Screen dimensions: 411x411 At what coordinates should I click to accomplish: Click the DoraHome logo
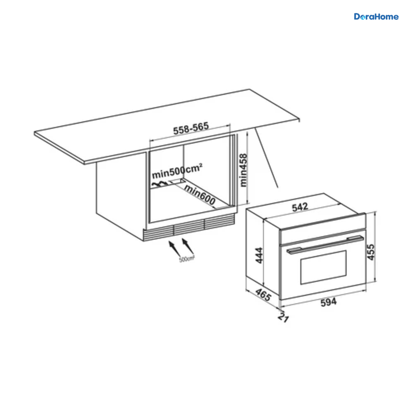point(376,17)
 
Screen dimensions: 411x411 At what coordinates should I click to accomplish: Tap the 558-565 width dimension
point(191,128)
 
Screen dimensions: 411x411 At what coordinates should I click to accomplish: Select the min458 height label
point(244,170)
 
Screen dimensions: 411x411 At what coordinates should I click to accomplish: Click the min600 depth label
point(200,195)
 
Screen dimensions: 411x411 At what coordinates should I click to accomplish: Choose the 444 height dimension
point(259,255)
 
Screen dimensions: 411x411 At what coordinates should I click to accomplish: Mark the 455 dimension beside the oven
point(371,252)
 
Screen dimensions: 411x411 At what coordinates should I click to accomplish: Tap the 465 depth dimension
point(263,295)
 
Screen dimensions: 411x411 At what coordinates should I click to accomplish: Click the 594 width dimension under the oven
point(329,302)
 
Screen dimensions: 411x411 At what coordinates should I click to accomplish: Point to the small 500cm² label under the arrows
point(187,259)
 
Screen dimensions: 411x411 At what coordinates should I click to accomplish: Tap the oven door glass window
point(323,267)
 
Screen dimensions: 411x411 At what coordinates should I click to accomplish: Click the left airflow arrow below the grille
point(175,248)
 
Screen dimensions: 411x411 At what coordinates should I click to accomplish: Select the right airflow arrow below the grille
point(188,246)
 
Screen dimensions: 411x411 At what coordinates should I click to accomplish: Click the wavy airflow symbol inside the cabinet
point(160,184)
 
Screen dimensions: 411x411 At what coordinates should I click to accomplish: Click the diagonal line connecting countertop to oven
point(266,158)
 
